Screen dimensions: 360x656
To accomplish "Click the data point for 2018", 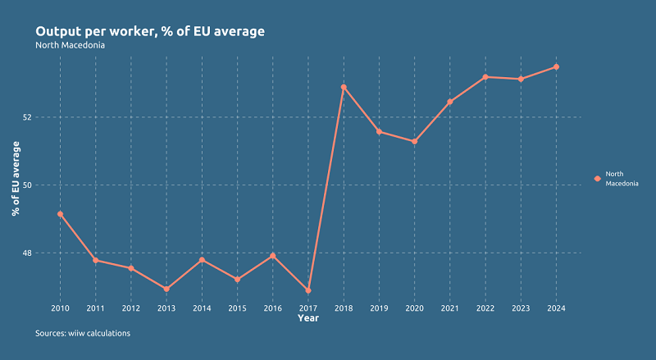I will coord(344,87).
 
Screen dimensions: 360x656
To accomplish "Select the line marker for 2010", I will coord(60,214).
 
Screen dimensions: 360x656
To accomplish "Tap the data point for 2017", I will coord(308,290).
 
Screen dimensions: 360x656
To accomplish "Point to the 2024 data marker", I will coord(556,66).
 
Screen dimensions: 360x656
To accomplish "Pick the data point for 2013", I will coord(166,289).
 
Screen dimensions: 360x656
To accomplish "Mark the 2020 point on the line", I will coord(414,141).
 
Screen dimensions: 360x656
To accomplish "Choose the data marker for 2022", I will coord(485,77).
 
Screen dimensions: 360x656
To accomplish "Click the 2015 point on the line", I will coord(237,280).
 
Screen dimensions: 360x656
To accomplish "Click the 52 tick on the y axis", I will coord(49,117).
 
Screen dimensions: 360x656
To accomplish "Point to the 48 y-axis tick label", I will coord(49,253).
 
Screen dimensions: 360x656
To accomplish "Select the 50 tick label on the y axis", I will coord(49,185).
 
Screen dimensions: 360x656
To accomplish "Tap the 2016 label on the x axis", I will coord(272,308).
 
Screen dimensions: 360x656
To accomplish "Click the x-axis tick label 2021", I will coord(449,308).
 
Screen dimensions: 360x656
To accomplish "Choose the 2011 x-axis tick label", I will coord(95,308).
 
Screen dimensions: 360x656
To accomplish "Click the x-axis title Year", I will coord(308,318).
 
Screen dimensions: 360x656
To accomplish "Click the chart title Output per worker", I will coord(150,31).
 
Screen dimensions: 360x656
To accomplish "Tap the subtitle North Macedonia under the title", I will coord(71,45).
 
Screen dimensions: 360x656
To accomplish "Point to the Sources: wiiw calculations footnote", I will coord(83,334).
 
